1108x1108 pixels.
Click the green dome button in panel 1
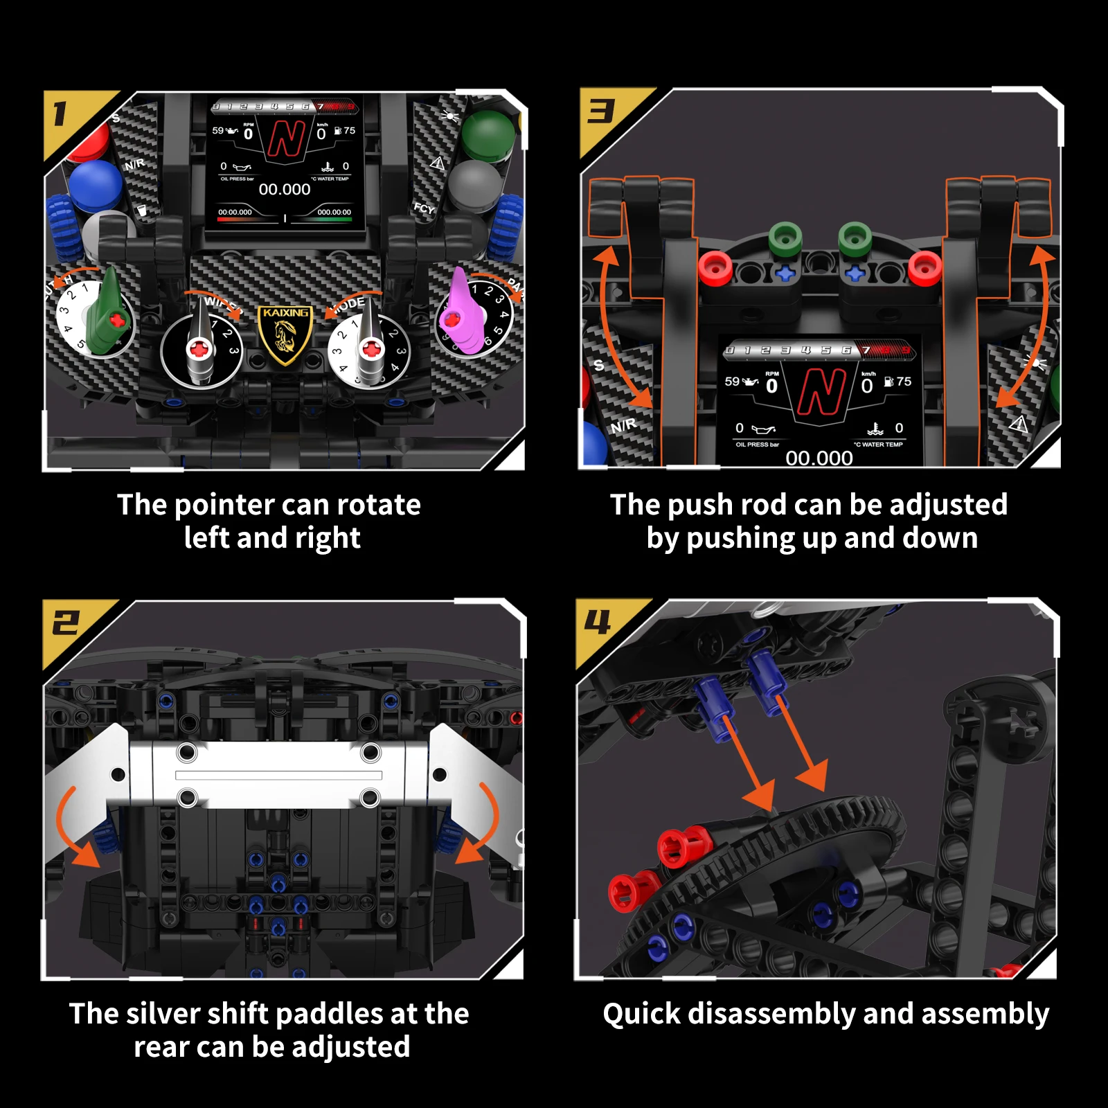(488, 134)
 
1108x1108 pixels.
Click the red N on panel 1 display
(286, 138)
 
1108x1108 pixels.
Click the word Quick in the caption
(641, 1014)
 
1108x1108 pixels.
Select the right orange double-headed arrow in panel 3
(1025, 325)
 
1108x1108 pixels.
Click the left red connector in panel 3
(715, 268)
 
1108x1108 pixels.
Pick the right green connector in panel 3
(855, 240)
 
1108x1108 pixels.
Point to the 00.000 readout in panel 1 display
(285, 189)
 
